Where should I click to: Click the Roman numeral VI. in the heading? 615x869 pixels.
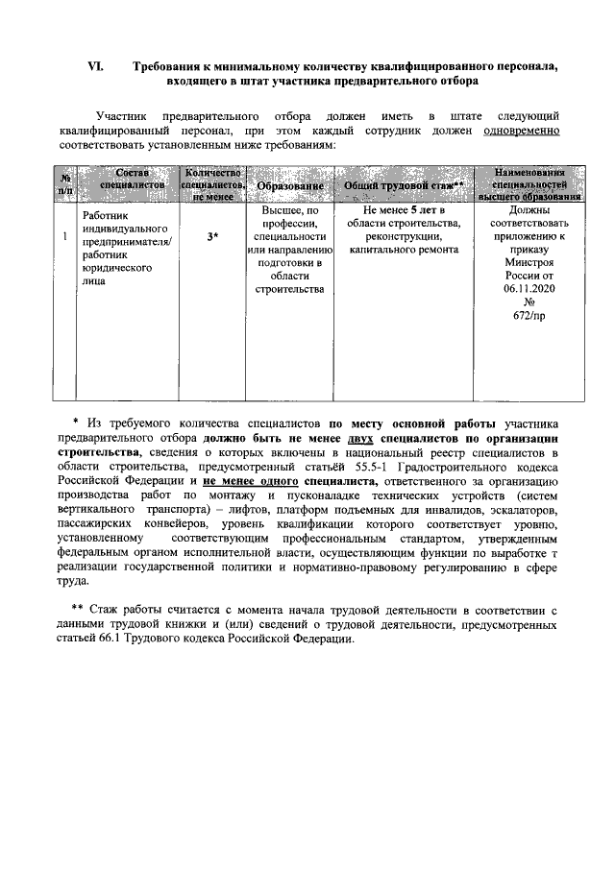click(x=95, y=66)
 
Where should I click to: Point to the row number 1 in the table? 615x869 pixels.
click(x=64, y=236)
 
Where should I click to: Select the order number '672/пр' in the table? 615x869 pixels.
click(x=529, y=314)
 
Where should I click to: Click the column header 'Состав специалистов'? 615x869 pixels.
click(x=133, y=178)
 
